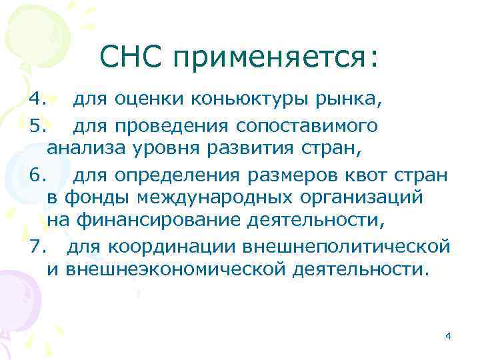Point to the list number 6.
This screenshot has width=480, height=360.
[38, 177]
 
